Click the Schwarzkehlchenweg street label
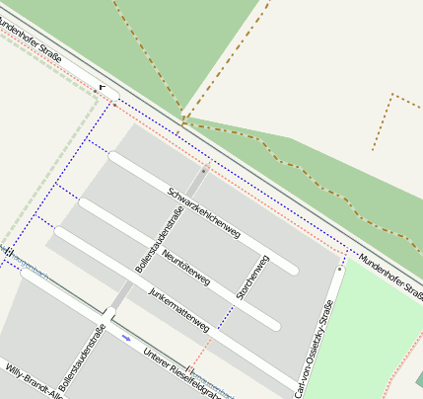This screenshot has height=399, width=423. click(x=204, y=212)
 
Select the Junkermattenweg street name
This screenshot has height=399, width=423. click(x=178, y=307)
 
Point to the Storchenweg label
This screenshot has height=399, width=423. click(x=254, y=279)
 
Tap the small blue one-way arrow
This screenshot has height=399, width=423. click(x=126, y=339)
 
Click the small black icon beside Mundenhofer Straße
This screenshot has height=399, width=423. click(x=102, y=87)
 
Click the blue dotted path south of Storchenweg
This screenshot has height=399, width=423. click(x=226, y=318)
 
